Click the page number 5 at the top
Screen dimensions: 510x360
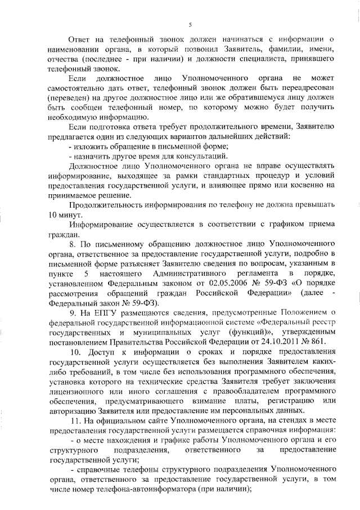coord(190,25)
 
